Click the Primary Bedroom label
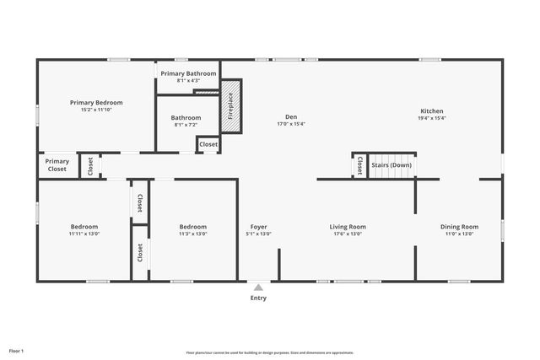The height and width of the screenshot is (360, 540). [x=95, y=102]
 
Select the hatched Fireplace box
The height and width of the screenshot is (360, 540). [x=231, y=105]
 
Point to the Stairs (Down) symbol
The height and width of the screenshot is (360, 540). [x=391, y=165]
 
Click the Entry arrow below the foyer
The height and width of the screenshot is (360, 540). [x=258, y=287]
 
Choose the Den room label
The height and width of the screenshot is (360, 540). [x=291, y=116]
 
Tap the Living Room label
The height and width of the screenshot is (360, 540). [x=347, y=226]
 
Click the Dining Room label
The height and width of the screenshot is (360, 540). [x=459, y=226]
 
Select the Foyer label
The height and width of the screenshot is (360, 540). [x=258, y=226]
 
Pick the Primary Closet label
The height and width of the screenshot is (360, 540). [x=57, y=165]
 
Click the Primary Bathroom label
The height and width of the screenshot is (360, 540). [x=187, y=73]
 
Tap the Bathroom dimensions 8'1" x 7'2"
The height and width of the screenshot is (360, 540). [x=186, y=125]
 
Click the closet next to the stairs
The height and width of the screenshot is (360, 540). [x=359, y=166]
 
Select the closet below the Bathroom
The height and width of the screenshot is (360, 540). [x=208, y=144]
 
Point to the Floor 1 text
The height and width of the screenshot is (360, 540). [x=17, y=350]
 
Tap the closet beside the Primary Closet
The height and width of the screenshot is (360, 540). [x=90, y=166]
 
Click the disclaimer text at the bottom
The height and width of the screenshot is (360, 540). [x=270, y=352]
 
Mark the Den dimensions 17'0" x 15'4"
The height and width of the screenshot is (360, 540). [x=291, y=124]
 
